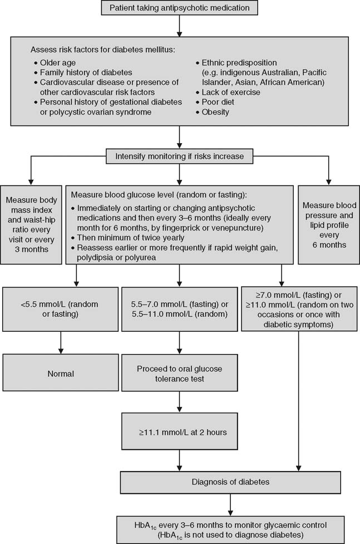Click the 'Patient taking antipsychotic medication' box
[x=179, y=8]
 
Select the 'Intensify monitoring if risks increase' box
[x=179, y=156]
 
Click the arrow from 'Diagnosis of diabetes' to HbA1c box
[x=229, y=502]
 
